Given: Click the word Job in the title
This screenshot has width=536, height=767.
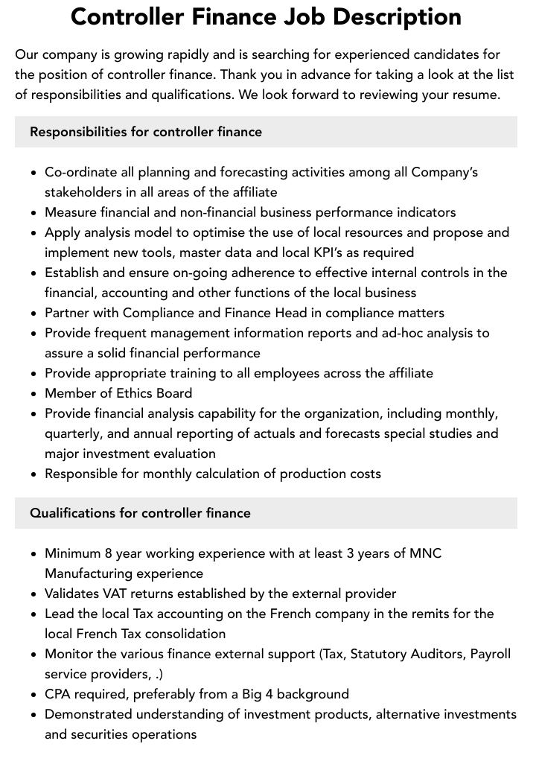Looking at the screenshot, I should click(x=304, y=16).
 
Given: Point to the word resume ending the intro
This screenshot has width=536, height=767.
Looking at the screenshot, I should click(x=473, y=95).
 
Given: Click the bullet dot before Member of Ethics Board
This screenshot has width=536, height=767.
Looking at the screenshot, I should click(x=34, y=394).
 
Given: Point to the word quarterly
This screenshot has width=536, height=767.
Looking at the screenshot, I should click(x=74, y=433).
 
